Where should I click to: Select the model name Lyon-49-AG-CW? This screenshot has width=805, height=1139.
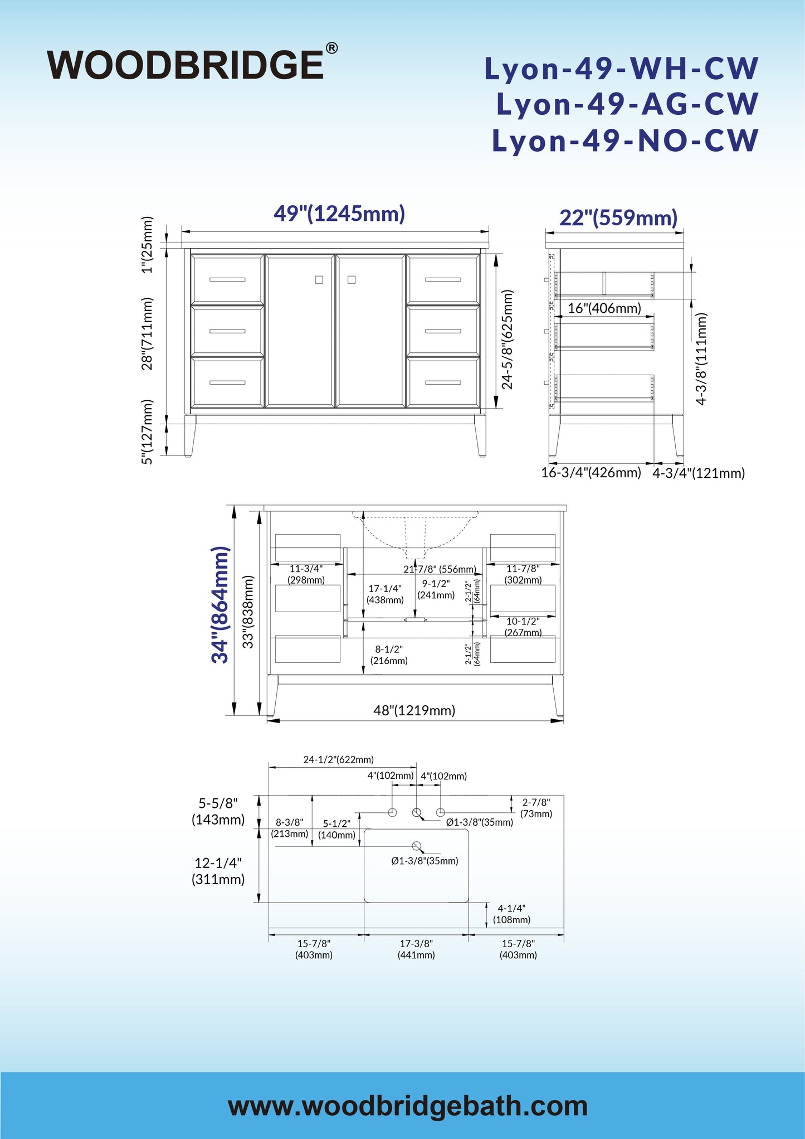(x=628, y=104)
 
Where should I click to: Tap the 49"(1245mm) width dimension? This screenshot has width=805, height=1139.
(x=339, y=214)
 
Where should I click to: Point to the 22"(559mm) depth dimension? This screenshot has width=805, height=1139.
(x=618, y=217)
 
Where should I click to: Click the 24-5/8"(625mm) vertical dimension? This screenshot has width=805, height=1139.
(x=507, y=339)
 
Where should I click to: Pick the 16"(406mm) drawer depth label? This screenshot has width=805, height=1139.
(x=604, y=308)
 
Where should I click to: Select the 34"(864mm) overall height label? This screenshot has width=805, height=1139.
(x=221, y=605)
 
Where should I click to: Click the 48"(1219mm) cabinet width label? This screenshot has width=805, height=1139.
(x=414, y=710)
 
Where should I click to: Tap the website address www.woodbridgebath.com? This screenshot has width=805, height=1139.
(x=408, y=1106)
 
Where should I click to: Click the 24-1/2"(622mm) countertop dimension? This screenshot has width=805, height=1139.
(x=339, y=759)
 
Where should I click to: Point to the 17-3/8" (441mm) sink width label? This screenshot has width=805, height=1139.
(x=416, y=949)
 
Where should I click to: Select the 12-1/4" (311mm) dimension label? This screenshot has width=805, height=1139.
(x=218, y=871)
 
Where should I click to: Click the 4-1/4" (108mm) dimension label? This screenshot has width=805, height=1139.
(x=511, y=914)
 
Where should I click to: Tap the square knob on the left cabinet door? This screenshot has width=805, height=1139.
(x=319, y=280)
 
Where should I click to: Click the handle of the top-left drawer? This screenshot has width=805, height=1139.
(x=227, y=279)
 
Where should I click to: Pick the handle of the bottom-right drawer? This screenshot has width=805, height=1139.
(x=443, y=382)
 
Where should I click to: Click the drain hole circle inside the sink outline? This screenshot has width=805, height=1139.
(x=416, y=846)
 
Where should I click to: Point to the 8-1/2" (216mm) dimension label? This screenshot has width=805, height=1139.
(x=389, y=655)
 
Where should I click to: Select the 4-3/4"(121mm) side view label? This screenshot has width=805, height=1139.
(x=699, y=473)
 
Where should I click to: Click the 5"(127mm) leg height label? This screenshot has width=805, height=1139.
(x=147, y=432)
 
